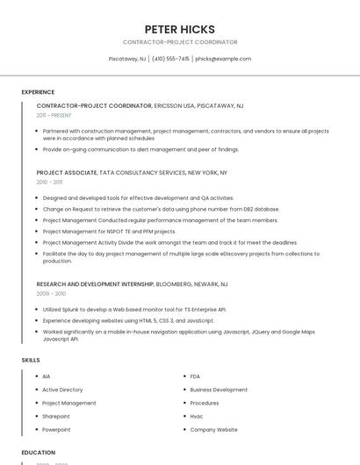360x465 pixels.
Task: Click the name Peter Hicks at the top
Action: pyautogui.click(x=179, y=29)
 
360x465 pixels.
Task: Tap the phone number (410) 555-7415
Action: pyautogui.click(x=170, y=59)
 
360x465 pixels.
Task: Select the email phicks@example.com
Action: pyautogui.click(x=223, y=59)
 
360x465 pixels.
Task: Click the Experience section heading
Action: pyautogui.click(x=38, y=92)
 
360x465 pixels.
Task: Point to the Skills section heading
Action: pyautogui.click(x=31, y=360)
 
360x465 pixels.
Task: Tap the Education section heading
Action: pyautogui.click(x=39, y=453)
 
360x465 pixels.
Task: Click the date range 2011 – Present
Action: pyautogui.click(x=54, y=115)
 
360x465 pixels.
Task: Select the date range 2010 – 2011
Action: pyautogui.click(x=49, y=182)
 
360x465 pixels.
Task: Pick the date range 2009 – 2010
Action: pyautogui.click(x=51, y=294)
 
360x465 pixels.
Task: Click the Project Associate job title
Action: pyautogui.click(x=67, y=173)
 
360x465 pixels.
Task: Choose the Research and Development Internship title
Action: pyautogui.click(x=95, y=284)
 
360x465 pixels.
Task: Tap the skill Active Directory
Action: pyautogui.click(x=62, y=390)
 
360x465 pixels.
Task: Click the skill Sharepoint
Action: pyautogui.click(x=55, y=416)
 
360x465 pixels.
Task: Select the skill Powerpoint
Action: pyautogui.click(x=56, y=429)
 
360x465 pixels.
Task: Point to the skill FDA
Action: pyautogui.click(x=195, y=376)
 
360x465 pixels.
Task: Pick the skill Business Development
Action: pyautogui.click(x=219, y=390)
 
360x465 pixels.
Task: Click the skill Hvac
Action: pyautogui.click(x=197, y=416)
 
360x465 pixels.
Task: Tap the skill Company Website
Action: pyautogui.click(x=213, y=429)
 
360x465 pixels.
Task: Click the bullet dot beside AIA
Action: pyautogui.click(x=33, y=376)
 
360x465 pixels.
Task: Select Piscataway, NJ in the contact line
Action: pyautogui.click(x=127, y=59)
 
